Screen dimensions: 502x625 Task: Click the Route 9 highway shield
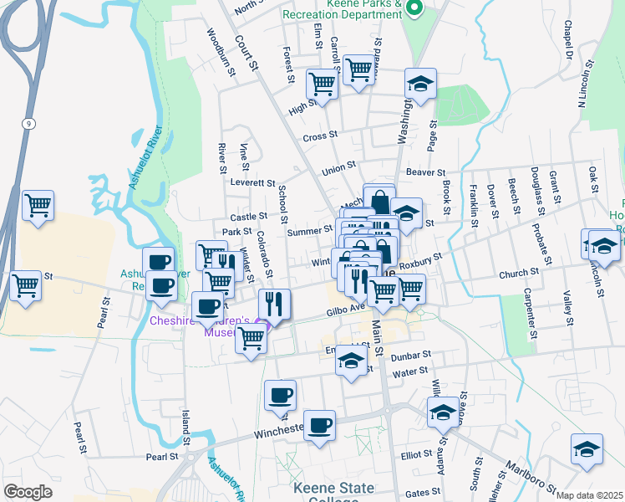pyautogui.click(x=28, y=123)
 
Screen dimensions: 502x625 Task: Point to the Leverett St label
pyautogui.click(x=252, y=182)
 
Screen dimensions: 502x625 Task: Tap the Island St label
pyautogui.click(x=185, y=428)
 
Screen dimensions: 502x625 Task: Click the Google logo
pyautogui.click(x=28, y=492)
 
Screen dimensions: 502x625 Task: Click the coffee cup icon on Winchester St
pyautogui.click(x=318, y=424)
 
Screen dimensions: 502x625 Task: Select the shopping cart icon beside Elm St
pyautogui.click(x=322, y=83)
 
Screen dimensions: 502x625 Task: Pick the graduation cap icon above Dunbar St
pyautogui.click(x=351, y=361)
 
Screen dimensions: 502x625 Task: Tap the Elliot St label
pyautogui.click(x=415, y=455)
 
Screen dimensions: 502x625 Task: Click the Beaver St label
pyautogui.click(x=426, y=172)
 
